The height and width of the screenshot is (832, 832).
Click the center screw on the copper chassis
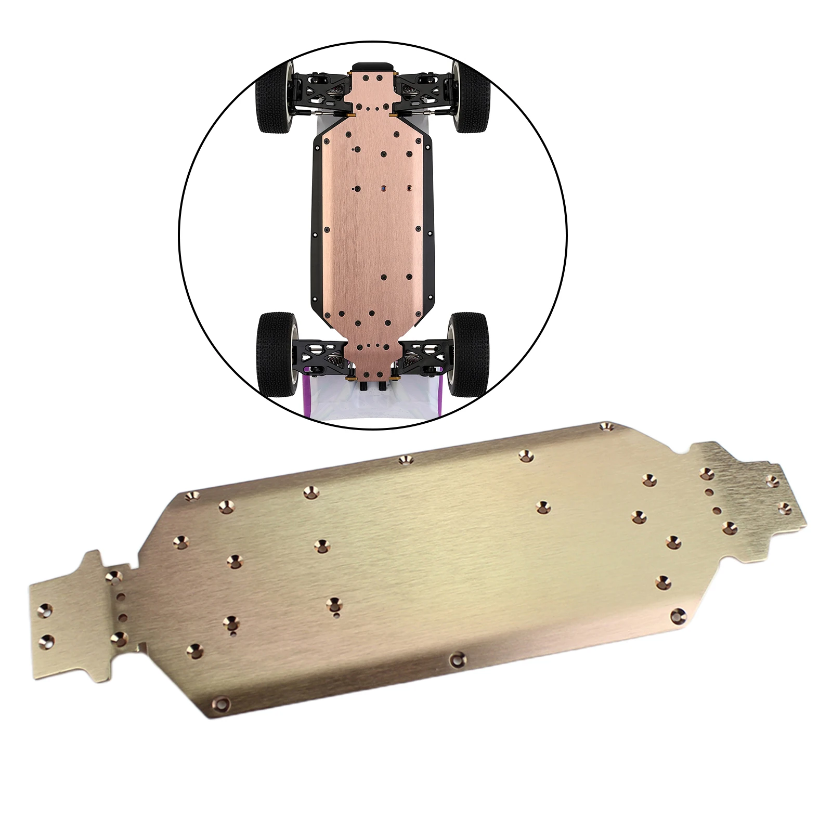coord(383,188)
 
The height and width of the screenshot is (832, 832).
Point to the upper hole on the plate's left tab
coord(48,608)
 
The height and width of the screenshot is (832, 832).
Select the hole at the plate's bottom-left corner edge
coord(223,704)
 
